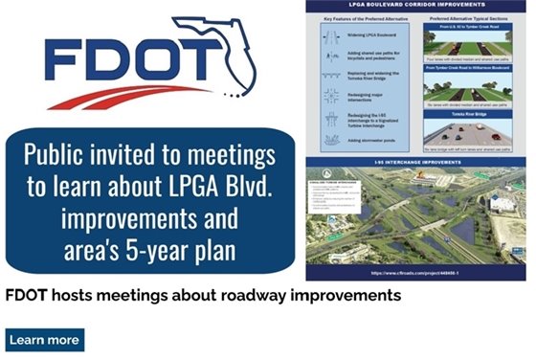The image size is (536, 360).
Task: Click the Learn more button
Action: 44,340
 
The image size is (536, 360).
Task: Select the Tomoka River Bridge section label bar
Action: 476,111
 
